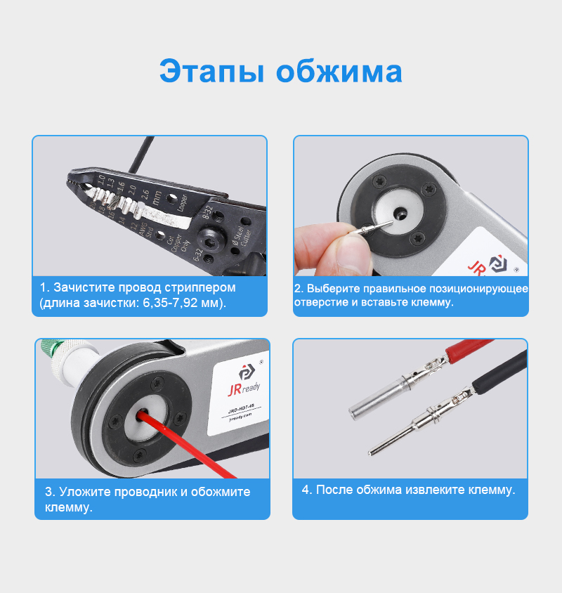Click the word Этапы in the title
[211, 72]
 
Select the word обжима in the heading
[339, 72]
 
